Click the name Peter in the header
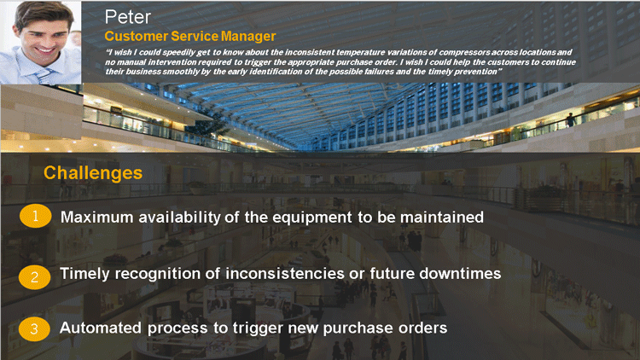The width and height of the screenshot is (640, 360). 128,17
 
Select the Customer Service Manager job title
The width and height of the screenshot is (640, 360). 190,37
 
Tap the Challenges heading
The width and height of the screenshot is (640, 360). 93,172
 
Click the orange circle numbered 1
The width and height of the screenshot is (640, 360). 36,216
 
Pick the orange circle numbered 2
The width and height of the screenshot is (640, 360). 35,277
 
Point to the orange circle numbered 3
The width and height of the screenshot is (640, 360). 34,329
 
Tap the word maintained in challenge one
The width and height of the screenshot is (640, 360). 442,218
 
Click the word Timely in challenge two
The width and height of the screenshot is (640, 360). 84,274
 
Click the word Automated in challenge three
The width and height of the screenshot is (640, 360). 101,328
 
